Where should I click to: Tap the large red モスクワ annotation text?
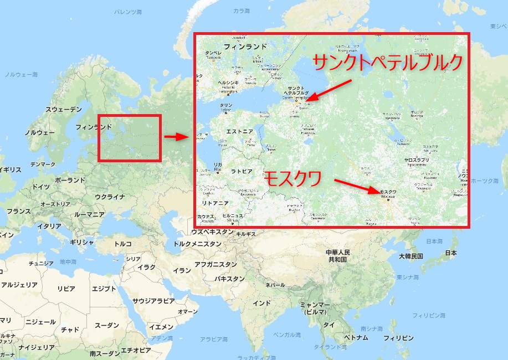tap(293, 179)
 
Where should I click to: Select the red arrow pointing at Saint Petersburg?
tap(329, 91)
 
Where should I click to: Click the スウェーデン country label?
tap(63, 110)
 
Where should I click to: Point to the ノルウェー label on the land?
tap(39, 133)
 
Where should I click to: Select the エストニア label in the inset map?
tap(239, 132)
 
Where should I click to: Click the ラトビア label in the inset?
tap(242, 171)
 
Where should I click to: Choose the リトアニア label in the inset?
tap(215, 204)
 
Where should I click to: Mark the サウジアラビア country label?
tap(153, 301)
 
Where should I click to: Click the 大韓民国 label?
tap(410, 256)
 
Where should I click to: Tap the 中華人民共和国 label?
tap(337, 256)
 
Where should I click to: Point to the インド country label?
tap(261, 303)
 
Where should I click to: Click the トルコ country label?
tap(122, 244)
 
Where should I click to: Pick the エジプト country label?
tap(104, 289)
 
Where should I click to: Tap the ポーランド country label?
tap(70, 180)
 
